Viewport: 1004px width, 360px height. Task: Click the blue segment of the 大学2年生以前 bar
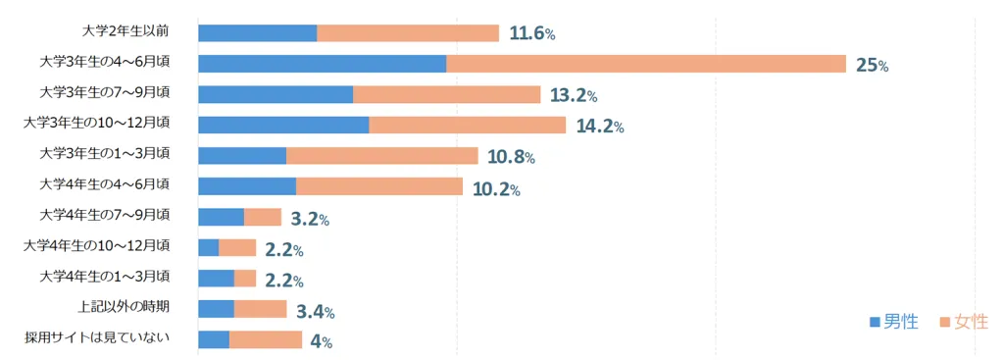258,32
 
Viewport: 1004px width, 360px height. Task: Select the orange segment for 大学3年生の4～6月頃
646,64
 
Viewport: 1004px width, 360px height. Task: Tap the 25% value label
872,66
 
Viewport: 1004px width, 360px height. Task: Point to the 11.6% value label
531,34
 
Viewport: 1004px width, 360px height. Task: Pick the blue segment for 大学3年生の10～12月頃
283,125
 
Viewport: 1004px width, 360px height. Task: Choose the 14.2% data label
599,127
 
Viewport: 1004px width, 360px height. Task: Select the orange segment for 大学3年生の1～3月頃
381,156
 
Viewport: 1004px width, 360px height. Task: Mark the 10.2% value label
495,189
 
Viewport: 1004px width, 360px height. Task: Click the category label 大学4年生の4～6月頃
104,185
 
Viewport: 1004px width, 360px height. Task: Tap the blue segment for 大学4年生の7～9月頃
221,217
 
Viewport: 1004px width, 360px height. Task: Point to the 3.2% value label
310,220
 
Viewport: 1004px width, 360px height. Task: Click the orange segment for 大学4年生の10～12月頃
237,248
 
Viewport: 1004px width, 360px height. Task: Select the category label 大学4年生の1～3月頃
104,277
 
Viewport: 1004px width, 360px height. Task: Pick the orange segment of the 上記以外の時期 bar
260,309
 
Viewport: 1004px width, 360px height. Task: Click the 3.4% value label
315,313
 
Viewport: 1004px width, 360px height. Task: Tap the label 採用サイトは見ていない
97,337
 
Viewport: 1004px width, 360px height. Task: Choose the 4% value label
321,342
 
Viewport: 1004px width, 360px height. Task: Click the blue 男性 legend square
875,323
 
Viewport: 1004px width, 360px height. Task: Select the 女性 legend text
972,322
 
